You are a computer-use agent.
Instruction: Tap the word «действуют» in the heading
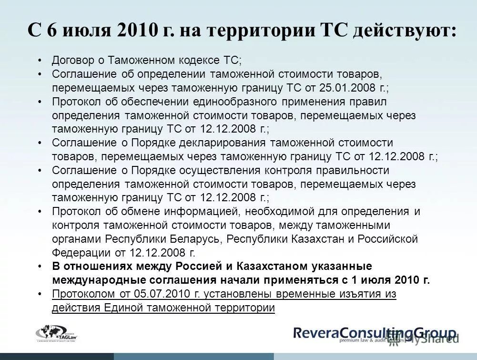(x=405, y=31)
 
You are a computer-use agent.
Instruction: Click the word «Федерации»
(x=76, y=253)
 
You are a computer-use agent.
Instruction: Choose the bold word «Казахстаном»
(x=275, y=266)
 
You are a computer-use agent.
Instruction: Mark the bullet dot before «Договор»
(x=41, y=61)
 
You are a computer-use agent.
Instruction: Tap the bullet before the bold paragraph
(x=41, y=266)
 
